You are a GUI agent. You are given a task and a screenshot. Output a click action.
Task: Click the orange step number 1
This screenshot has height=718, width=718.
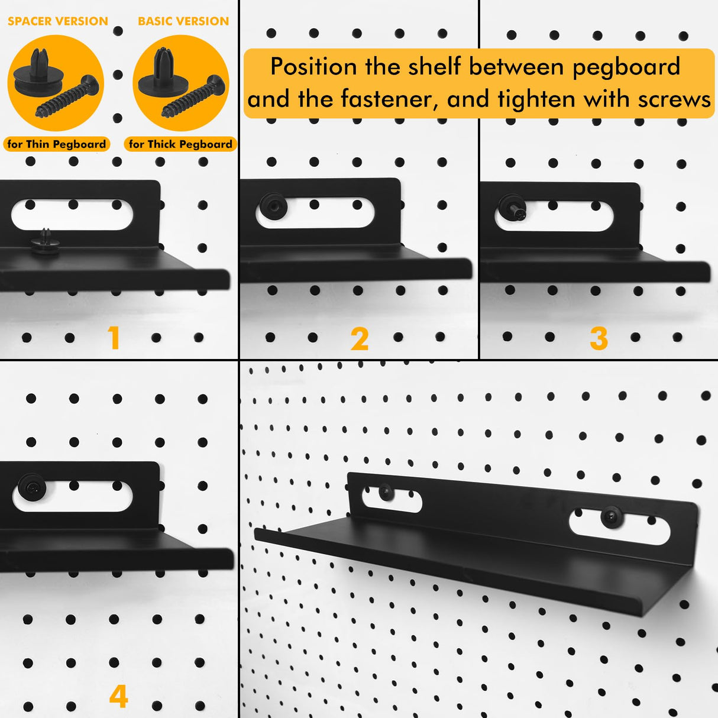coord(114,338)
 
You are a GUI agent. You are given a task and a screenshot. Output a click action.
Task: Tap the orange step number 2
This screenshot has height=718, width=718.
coord(360,339)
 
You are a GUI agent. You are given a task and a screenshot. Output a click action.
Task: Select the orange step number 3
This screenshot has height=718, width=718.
coord(599,339)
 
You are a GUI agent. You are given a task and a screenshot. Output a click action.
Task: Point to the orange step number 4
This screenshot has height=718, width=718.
coord(118,696)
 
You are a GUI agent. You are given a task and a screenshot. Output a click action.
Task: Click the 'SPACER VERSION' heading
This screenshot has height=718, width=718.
coord(58,21)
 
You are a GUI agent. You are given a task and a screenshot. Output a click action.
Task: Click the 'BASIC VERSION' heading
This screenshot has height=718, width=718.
coord(183,21)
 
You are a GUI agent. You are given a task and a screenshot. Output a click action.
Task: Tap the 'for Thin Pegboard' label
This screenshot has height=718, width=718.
coord(57,144)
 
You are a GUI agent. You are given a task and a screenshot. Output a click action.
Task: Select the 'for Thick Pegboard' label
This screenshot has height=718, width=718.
coord(180,144)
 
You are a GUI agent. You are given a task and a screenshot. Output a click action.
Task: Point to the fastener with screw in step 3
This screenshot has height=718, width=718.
coord(512,208)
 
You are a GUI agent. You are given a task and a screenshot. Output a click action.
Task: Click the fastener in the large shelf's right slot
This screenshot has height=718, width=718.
coord(611,517)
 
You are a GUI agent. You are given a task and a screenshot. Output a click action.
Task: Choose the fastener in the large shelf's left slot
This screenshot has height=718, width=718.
coord(386,491)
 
